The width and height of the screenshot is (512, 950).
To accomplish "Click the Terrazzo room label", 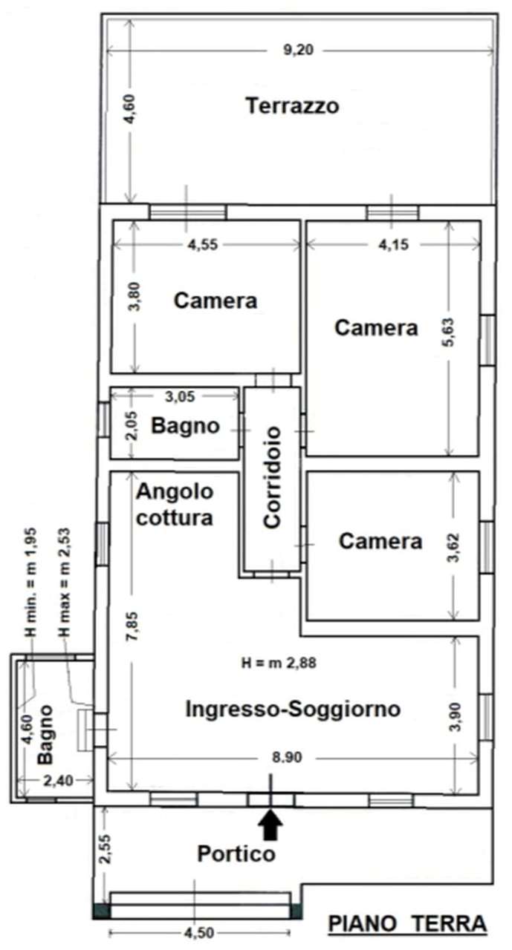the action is point(292,106).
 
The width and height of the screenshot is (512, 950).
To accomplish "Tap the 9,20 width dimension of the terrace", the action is point(298,50).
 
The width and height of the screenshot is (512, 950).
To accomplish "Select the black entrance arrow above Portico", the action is point(270,824).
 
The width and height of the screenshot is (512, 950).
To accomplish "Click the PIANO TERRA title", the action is point(407,923).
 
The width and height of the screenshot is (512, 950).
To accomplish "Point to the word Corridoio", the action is point(272,477).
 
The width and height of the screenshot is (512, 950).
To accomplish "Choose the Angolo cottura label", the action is point(175,505).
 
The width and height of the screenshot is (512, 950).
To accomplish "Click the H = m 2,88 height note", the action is point(279,663).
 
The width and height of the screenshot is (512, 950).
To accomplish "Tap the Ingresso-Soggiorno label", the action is point(293,709).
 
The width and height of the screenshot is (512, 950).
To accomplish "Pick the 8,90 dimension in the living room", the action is point(287,758).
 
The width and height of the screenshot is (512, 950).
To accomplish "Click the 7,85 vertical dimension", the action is point(132,626).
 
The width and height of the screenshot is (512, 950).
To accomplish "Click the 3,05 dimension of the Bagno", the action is point(180,396).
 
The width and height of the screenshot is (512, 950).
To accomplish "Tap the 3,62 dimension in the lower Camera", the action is point(454,548).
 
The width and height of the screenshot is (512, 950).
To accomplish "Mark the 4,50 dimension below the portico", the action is point(198,933).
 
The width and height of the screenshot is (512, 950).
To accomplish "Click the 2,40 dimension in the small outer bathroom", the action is point(58,780).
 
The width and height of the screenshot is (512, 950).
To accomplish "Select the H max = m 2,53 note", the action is point(65,583).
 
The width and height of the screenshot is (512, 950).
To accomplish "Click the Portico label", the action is point(236,854).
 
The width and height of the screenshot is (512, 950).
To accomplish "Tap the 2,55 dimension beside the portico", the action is point(105,849).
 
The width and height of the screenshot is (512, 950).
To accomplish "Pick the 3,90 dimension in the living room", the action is point(455,717).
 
